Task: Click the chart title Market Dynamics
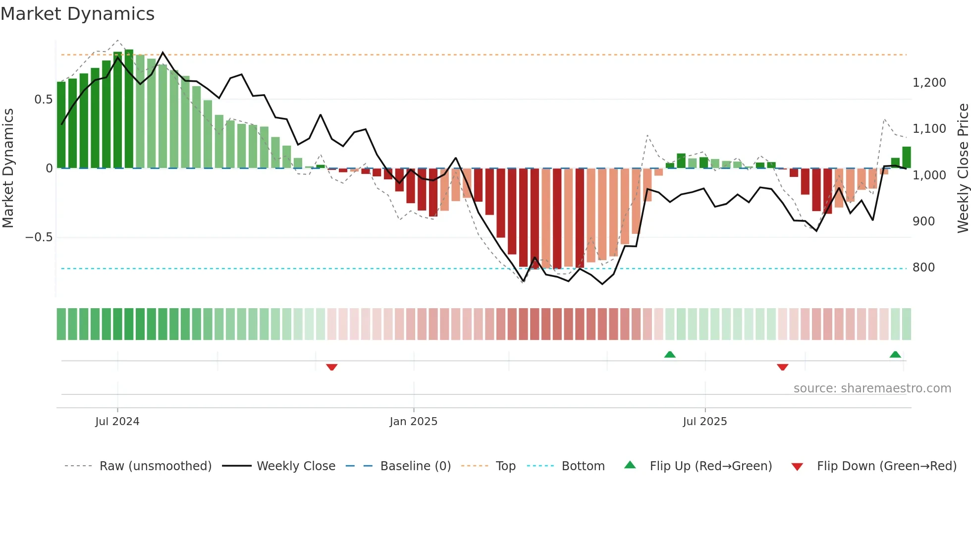[78, 14]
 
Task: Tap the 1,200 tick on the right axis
[929, 83]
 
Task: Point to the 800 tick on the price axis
[923, 268]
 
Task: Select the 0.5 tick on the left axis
[43, 100]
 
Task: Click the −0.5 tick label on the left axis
[39, 237]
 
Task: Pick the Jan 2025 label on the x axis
[413, 422]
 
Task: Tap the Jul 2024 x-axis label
[117, 422]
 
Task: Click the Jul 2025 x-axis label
[704, 422]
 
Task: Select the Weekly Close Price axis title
[963, 168]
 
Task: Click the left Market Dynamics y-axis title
[8, 168]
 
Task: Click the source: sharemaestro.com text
[872, 388]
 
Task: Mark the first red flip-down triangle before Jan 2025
[332, 367]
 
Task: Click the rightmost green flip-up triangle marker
[895, 354]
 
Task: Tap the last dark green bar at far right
[906, 158]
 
